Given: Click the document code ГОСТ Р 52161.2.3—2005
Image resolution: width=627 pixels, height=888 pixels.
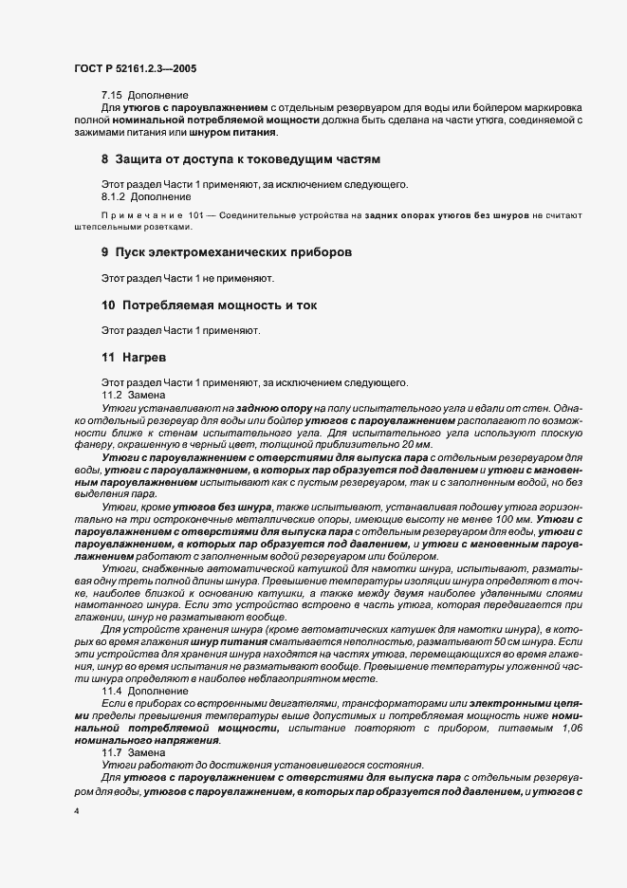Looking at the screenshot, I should point(135,68).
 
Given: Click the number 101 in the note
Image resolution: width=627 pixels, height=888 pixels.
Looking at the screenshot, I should point(195,216).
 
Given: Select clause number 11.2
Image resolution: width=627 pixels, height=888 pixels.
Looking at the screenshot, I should point(112,395).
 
